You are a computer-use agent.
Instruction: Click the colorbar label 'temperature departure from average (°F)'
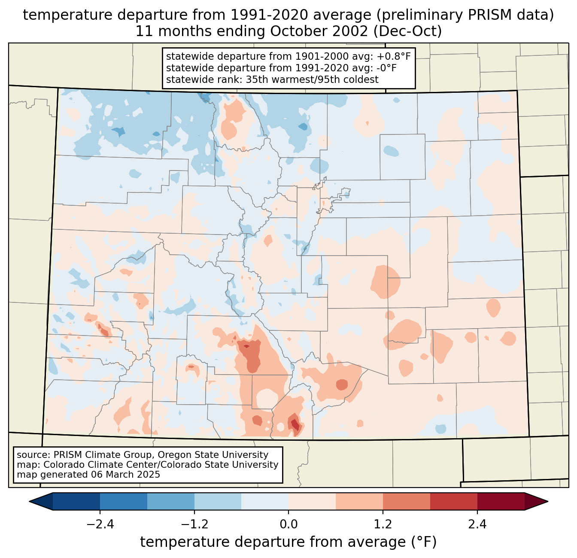(288, 542)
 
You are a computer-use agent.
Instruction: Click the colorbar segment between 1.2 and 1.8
(406, 501)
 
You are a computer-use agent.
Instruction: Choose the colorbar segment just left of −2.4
(76, 501)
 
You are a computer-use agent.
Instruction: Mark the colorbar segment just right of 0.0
(312, 501)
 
